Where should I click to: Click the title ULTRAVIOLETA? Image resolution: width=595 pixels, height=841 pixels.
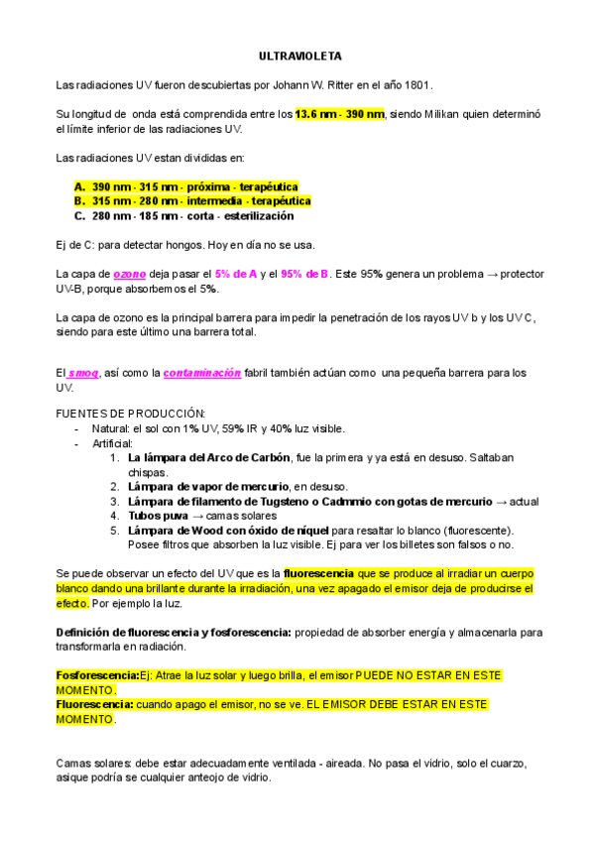[298, 59]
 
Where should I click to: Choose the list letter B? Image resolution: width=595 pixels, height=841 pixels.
[79, 200]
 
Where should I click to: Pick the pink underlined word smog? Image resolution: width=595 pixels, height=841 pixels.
[83, 373]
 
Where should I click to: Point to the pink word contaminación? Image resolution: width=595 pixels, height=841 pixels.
[202, 373]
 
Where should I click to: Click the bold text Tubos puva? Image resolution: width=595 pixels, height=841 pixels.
[158, 516]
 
